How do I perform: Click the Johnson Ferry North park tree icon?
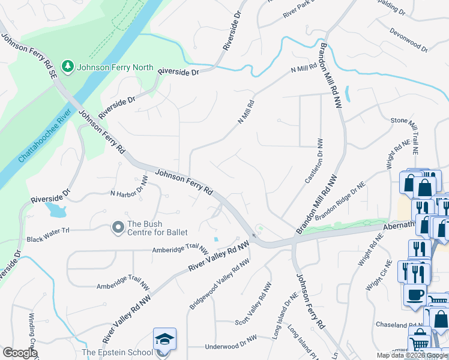[x=67, y=67]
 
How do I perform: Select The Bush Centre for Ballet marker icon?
[x=118, y=227]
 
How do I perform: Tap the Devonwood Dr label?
[x=408, y=39]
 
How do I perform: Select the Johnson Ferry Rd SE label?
[x=29, y=54]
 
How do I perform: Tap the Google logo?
[x=20, y=353]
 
